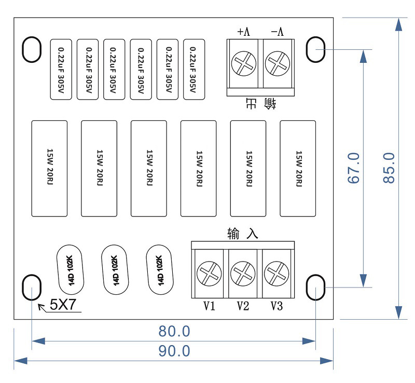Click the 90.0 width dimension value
click(174, 351)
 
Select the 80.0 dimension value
click(174, 331)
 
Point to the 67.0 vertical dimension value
click(354, 168)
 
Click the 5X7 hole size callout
click(63, 305)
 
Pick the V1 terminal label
click(209, 306)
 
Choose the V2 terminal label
click(243, 306)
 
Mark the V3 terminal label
click(276, 306)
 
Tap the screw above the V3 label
click(275, 272)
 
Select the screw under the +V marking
click(243, 64)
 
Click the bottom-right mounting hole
click(315, 287)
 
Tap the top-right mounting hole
click(315, 49)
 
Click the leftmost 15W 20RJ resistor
click(50, 168)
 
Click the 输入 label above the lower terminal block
click(242, 234)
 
